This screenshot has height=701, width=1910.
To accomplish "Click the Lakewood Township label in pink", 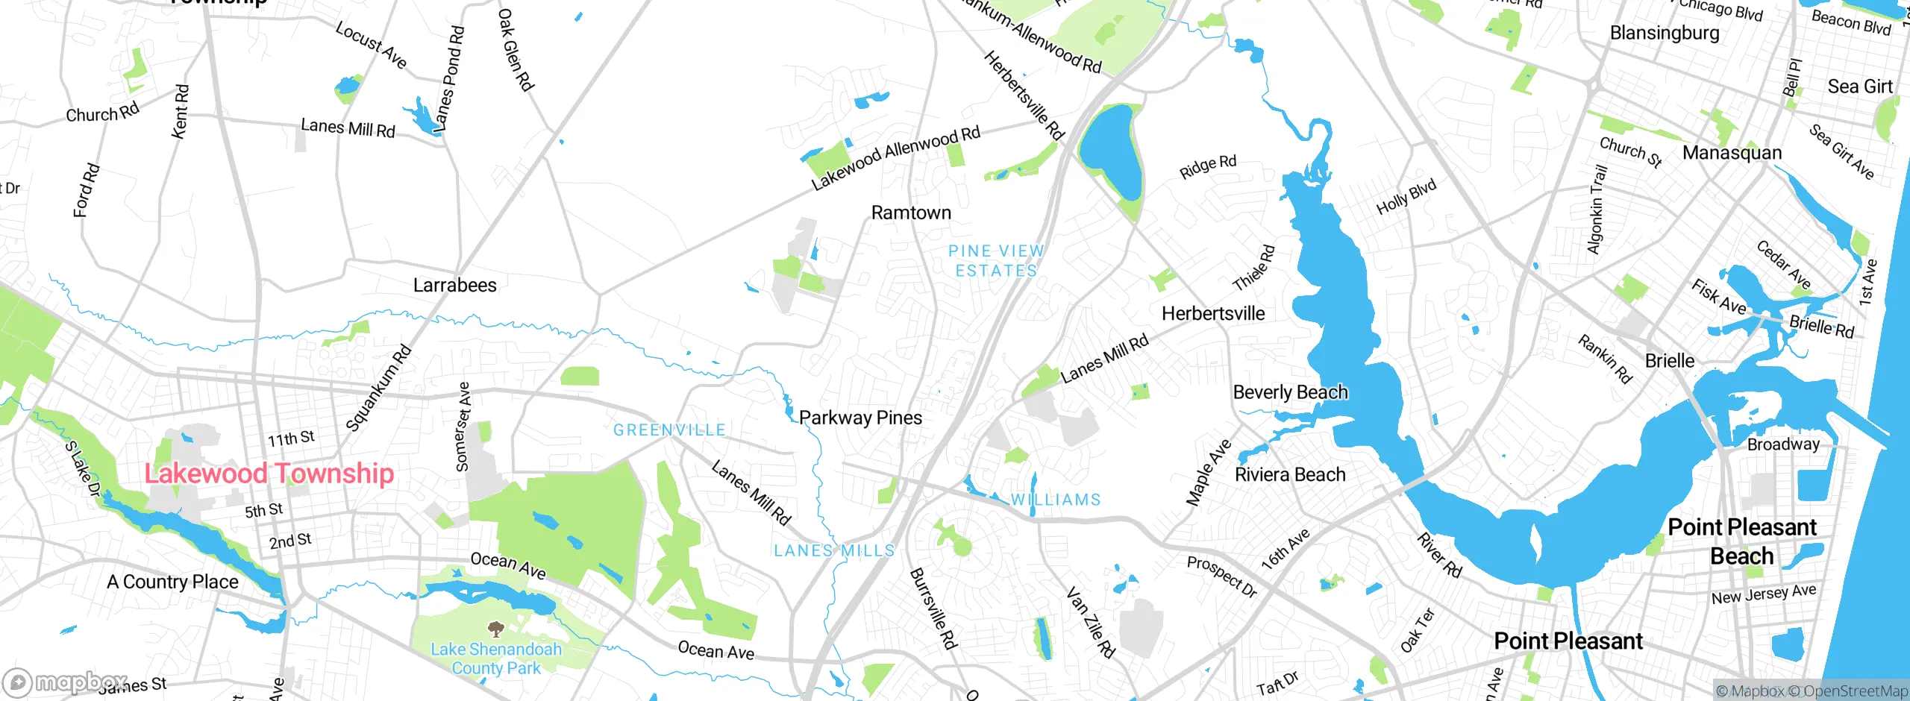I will [269, 474].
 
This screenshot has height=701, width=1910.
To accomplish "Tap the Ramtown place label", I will [911, 213].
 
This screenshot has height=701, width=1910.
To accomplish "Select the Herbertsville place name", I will [1213, 314].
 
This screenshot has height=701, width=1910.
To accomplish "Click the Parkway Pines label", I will [860, 418].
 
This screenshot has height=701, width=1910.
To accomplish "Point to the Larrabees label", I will [454, 285].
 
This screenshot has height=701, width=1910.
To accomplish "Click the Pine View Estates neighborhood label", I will [996, 261].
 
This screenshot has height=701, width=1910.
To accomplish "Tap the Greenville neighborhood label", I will [669, 430].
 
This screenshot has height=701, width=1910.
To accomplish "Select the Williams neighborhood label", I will [1056, 500].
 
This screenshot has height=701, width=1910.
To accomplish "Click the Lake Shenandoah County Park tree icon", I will [495, 629].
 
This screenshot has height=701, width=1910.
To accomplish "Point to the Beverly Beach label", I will [1290, 392].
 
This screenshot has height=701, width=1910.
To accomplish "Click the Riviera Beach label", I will [1290, 475].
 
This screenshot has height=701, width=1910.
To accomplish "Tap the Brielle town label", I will [1670, 361].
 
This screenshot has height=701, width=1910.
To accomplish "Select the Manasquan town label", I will [1732, 153].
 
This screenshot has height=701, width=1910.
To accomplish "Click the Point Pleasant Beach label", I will [1741, 541].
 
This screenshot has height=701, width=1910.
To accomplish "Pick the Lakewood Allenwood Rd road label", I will [895, 158].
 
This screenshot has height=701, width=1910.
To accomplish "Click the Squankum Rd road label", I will [379, 388].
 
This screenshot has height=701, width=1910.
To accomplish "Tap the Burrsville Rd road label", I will [933, 609].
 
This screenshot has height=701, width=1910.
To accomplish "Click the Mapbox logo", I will [63, 682].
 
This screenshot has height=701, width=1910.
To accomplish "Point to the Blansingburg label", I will [1665, 33].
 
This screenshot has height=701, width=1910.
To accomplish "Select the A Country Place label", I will [172, 582].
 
